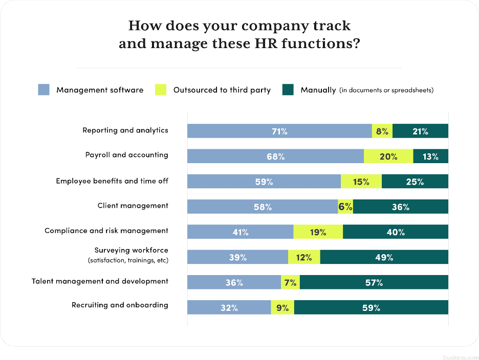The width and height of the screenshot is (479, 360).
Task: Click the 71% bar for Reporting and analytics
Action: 279,131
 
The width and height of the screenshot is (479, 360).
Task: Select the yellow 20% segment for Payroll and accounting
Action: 388,156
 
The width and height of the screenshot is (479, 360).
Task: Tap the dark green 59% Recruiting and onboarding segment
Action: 371,308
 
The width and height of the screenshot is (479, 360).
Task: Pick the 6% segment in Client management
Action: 345,207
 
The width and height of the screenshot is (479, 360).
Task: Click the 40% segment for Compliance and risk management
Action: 395,232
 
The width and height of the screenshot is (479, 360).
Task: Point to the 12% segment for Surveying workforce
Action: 304,257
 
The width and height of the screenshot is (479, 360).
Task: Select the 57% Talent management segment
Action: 374,282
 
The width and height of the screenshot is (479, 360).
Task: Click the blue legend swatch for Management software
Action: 44,90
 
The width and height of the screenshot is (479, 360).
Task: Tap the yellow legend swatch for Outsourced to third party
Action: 161,90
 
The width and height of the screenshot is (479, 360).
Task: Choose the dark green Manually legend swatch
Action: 288,90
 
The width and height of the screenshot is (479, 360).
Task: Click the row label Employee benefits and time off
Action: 112,181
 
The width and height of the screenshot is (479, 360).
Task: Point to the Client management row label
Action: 133,206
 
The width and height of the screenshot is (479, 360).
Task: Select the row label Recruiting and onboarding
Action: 120,305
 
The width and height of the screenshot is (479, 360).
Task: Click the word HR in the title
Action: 266,44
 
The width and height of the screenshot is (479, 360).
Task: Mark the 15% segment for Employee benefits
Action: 361,182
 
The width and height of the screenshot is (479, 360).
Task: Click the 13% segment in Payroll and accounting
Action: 430,156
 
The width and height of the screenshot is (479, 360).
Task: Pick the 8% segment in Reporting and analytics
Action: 382,131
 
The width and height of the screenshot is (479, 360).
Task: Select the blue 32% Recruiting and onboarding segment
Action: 229,308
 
